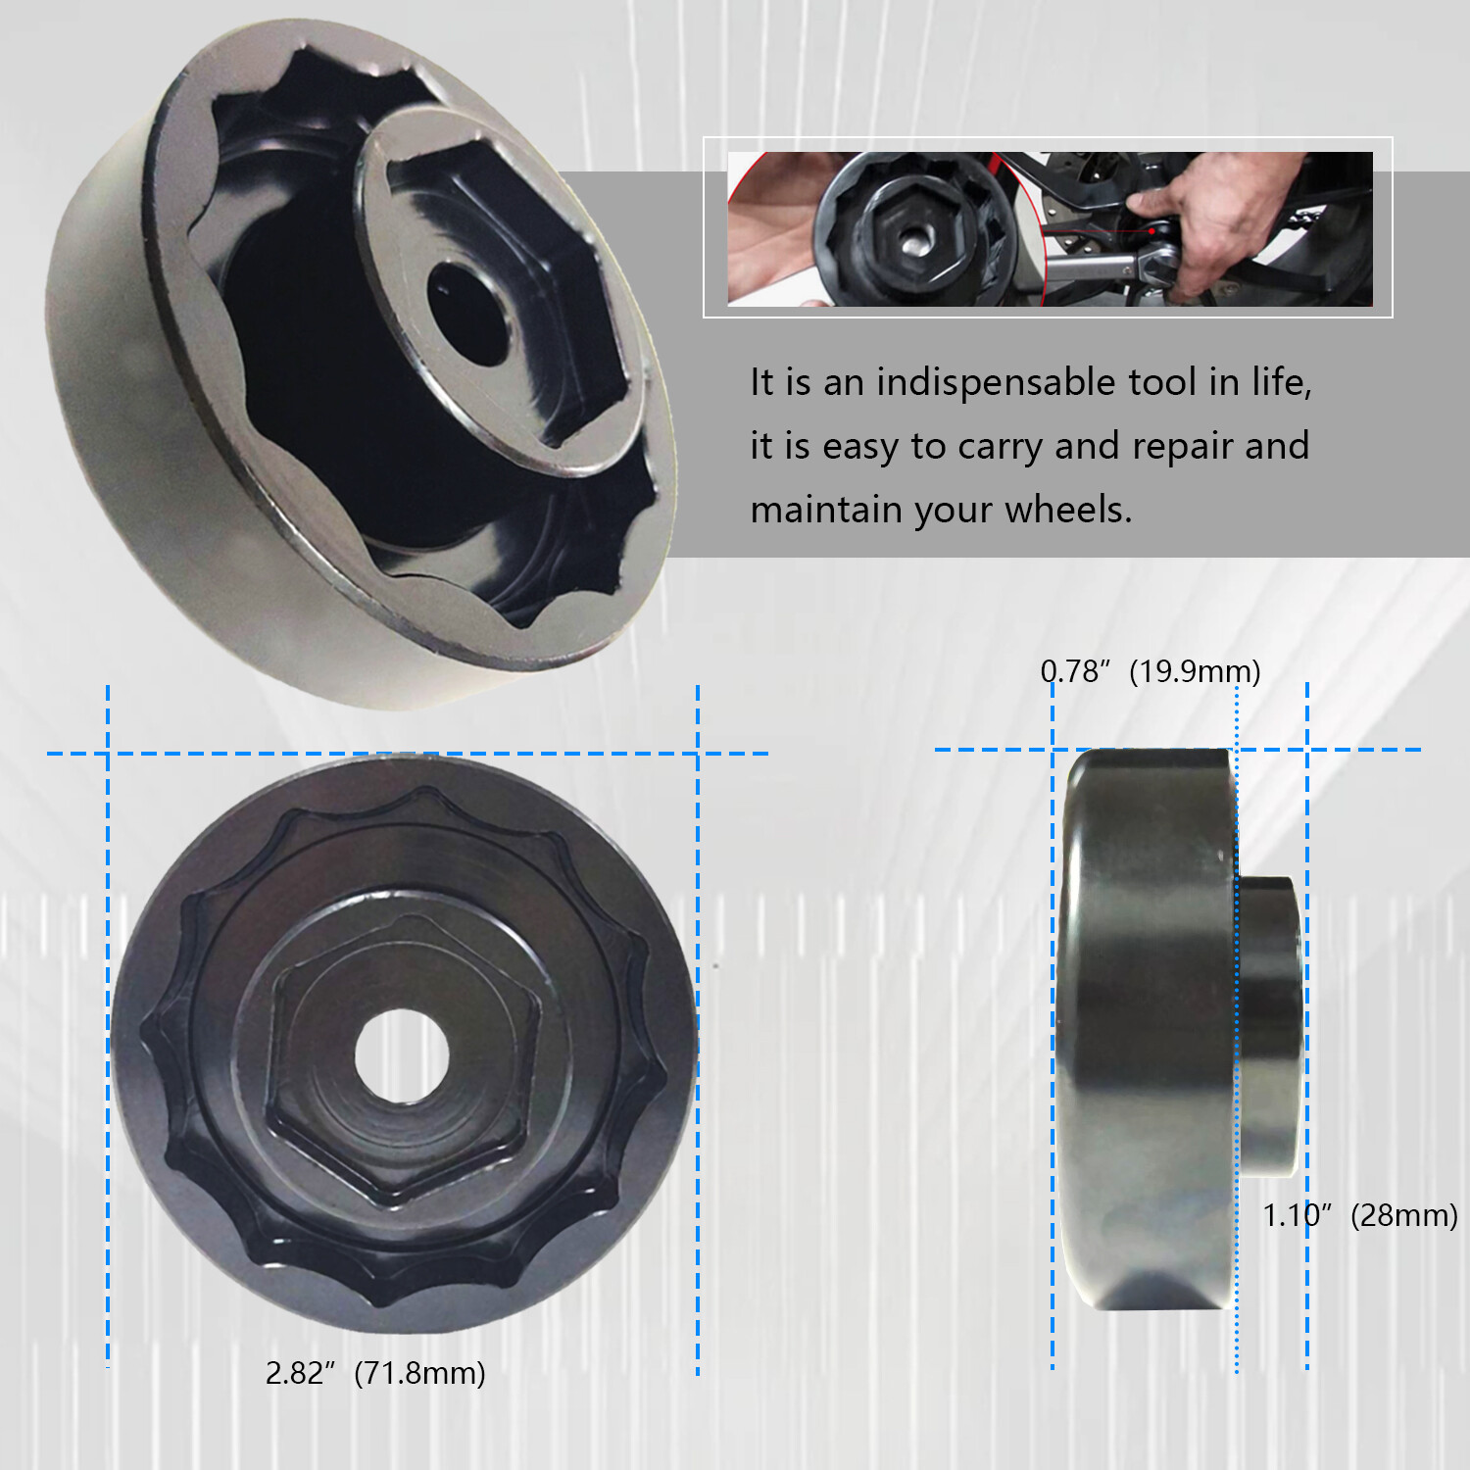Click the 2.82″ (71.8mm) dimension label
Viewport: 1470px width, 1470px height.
pyautogui.click(x=375, y=1373)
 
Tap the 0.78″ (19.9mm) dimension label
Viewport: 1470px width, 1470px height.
pyautogui.click(x=1150, y=671)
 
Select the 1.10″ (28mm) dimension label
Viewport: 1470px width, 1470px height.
pyautogui.click(x=1359, y=1215)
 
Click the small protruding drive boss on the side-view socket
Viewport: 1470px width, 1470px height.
pyautogui.click(x=1271, y=1024)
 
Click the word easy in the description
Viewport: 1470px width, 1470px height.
pyautogui.click(x=859, y=447)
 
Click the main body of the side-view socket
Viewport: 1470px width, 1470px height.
pyautogui.click(x=1147, y=1029)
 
